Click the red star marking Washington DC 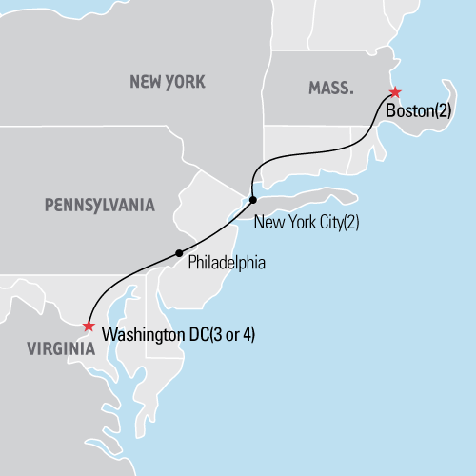coord(89,327)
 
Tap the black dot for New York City coord(252,200)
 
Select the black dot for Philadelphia coord(178,252)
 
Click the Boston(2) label coord(419,111)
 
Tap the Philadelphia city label coord(226,261)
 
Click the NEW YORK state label coord(166,83)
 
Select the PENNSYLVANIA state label coord(99,204)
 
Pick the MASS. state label coord(330,88)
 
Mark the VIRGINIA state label coord(49,348)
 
